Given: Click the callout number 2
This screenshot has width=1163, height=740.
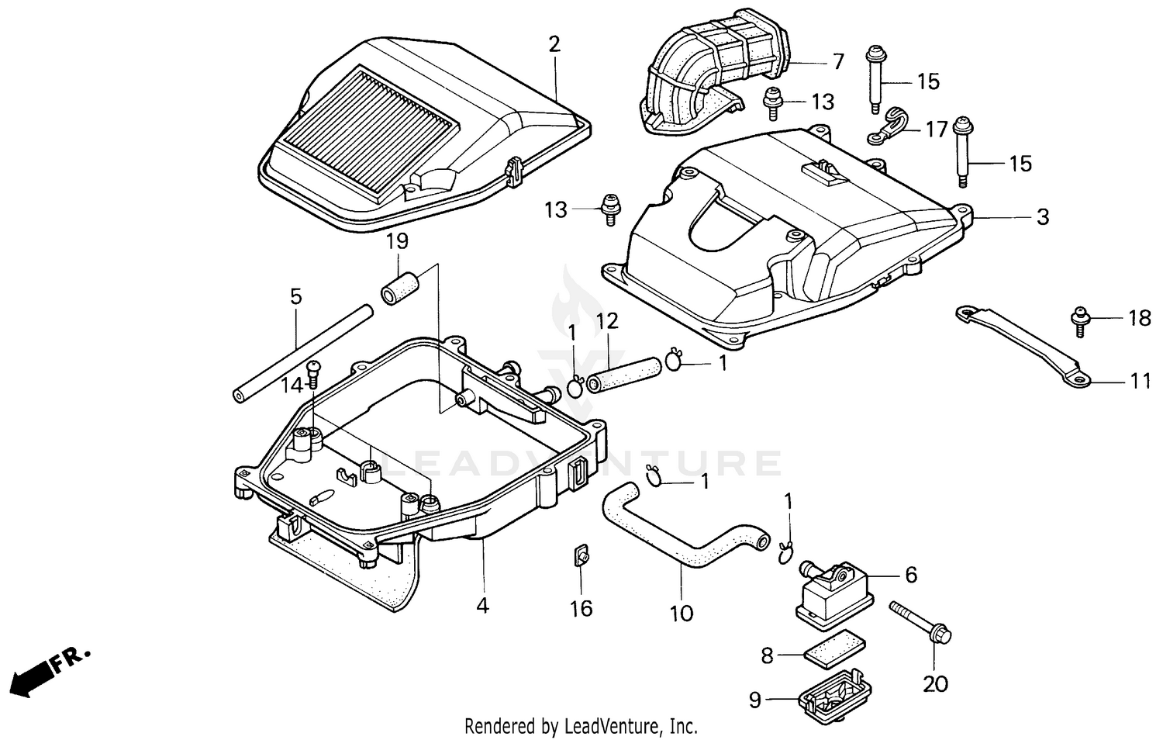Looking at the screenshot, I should pyautogui.click(x=554, y=44).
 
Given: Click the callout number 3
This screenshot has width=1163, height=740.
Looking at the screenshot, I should pyautogui.click(x=1043, y=217).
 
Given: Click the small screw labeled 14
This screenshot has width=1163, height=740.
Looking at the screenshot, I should pyautogui.click(x=313, y=373).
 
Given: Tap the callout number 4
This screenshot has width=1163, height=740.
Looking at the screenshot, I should pyautogui.click(x=482, y=605).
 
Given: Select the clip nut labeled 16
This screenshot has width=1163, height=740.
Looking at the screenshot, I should pyautogui.click(x=580, y=556).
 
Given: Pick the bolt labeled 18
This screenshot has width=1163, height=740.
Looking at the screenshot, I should pyautogui.click(x=1079, y=319).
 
